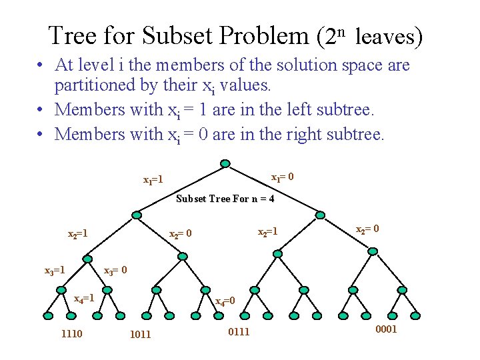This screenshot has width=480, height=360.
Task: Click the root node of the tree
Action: coord(225,164)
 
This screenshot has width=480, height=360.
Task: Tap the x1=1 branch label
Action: coord(154,180)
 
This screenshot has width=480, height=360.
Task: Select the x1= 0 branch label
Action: coord(283,177)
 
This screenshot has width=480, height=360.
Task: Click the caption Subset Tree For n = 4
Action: coord(225,199)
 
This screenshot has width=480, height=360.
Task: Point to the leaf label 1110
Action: coord(71,333)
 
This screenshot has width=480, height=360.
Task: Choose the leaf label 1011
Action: coord(140,335)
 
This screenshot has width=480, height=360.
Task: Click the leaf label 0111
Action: coord(239,332)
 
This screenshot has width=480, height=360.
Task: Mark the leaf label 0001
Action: coord(386,329)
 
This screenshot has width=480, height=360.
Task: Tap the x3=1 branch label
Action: coord(55,271)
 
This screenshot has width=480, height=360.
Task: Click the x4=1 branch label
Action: coord(84,298)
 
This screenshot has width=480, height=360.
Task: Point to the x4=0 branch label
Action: coord(225,301)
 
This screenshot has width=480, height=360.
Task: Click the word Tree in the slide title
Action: coord(73,35)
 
